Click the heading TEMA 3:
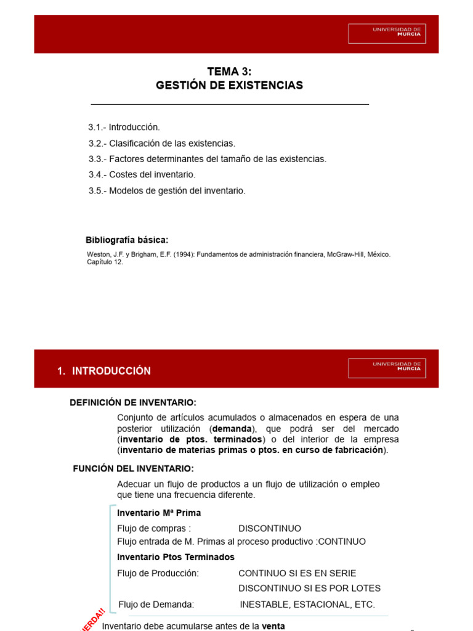[229, 72]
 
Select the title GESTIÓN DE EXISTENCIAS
[229, 86]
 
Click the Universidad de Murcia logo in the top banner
[395, 33]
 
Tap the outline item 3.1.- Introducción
[124, 128]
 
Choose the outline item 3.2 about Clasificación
[161, 144]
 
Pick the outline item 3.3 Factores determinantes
[207, 159]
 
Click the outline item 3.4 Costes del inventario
[142, 175]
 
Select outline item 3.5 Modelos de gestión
[166, 191]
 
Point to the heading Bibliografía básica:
[126, 240]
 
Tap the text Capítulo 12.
[105, 262]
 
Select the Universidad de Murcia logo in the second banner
[395, 368]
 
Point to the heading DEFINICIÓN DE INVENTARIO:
[133, 403]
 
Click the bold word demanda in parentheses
[230, 428]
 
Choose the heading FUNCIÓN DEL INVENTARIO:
[134, 468]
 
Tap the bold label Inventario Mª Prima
[159, 513]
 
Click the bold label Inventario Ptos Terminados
[176, 557]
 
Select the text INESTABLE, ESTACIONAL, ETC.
[307, 605]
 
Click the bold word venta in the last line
[273, 626]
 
